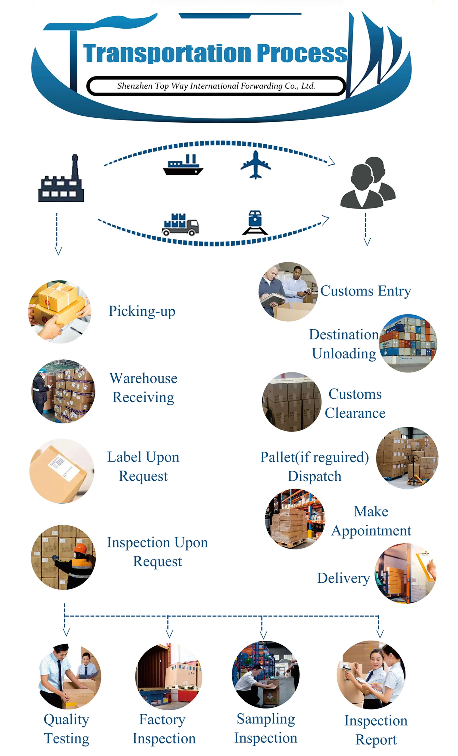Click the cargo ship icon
pyautogui.click(x=183, y=165)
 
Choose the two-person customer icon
pyautogui.click(x=368, y=183)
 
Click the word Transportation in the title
pyautogui.click(x=167, y=53)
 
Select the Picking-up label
pyautogui.click(x=142, y=311)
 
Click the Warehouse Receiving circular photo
pyautogui.click(x=63, y=391)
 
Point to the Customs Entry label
pyautogui.click(x=365, y=291)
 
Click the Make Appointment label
pyautogui.click(x=371, y=521)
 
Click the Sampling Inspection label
pyautogui.click(x=265, y=728)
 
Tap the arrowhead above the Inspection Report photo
pyautogui.click(x=380, y=634)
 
